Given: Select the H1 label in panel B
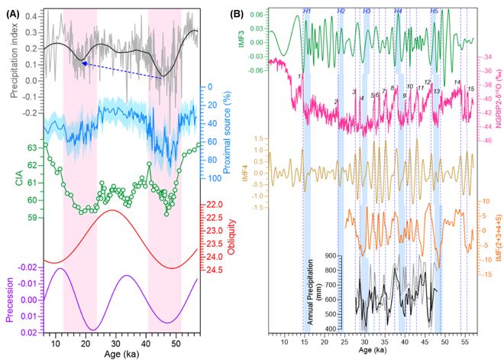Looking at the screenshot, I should [306, 11].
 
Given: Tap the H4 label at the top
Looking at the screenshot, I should [399, 11].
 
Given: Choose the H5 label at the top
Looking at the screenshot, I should [434, 11].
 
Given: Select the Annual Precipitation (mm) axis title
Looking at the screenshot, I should [311, 292].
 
